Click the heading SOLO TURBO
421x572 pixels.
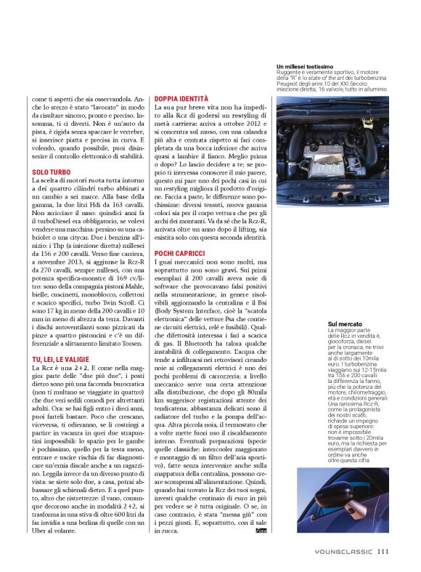click(51, 172)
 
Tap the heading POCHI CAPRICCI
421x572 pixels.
click(179, 253)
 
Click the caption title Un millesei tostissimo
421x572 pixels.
click(305, 67)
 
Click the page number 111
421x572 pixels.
click(383, 551)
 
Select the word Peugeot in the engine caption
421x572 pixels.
click(290, 84)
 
